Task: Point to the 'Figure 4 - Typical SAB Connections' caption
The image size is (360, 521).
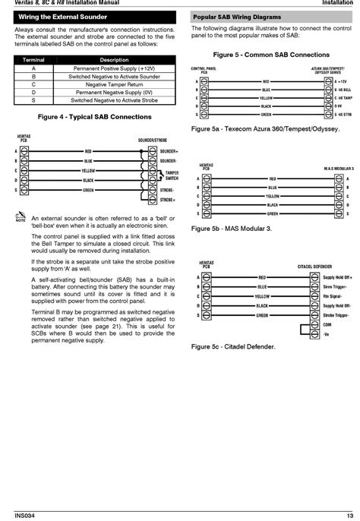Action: coord(94,116)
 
